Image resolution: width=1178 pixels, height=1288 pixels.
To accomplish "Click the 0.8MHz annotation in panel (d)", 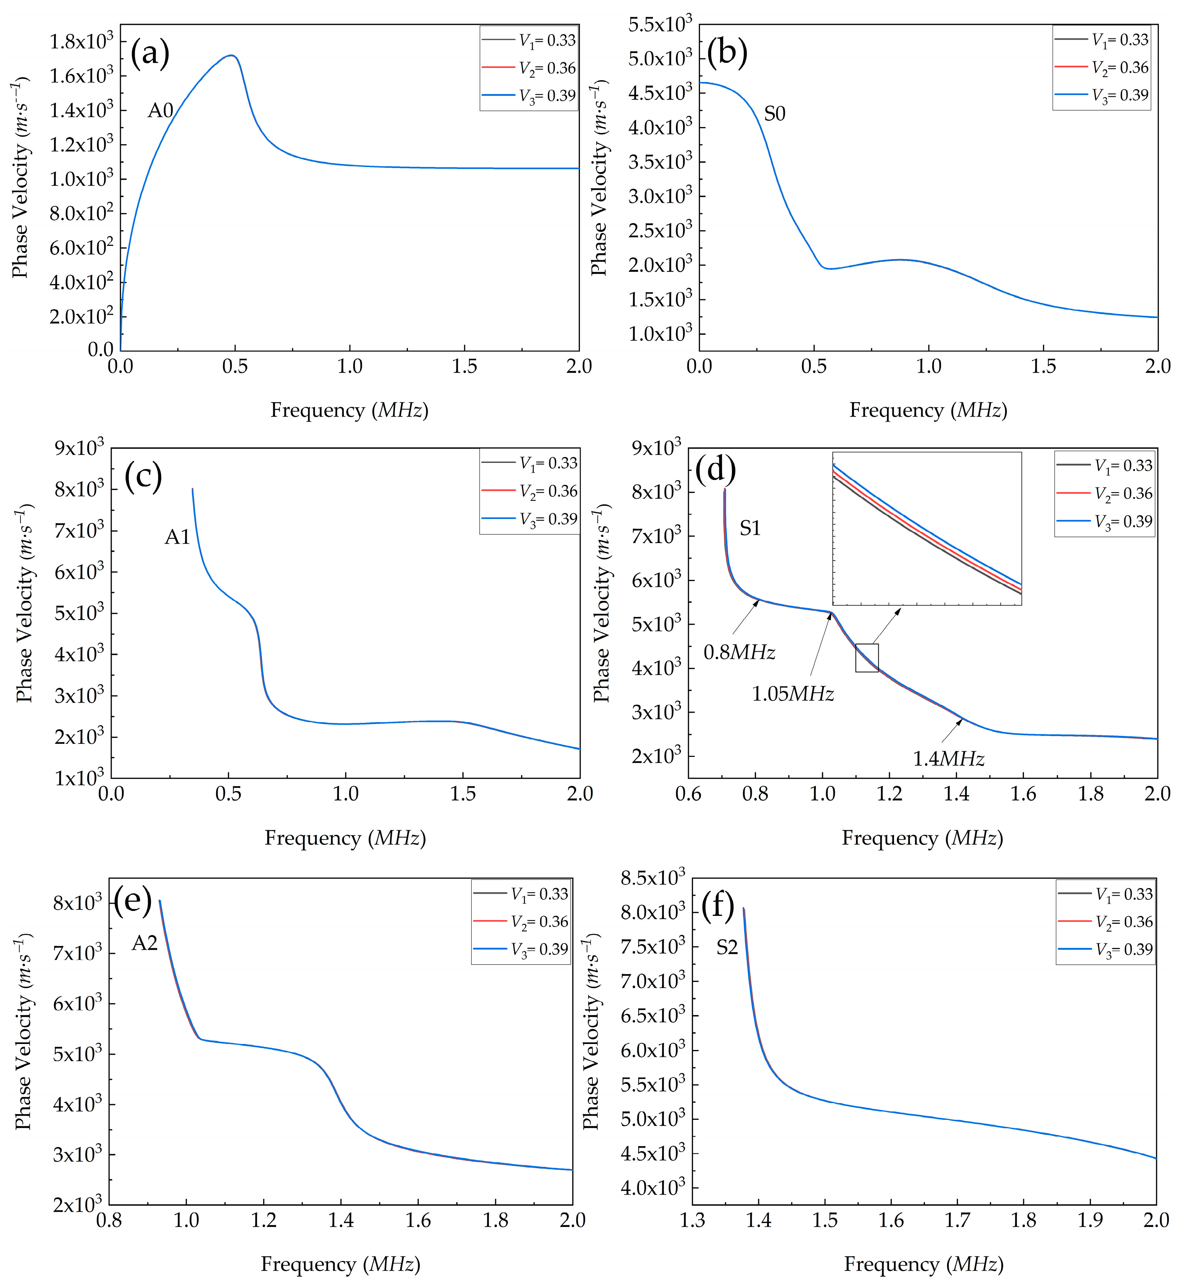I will [739, 652].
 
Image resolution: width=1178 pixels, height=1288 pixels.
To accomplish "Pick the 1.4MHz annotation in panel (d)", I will [948, 759].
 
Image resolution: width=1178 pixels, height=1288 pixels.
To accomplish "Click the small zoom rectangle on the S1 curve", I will [867, 658].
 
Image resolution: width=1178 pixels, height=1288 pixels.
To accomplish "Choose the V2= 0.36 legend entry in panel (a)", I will [547, 68].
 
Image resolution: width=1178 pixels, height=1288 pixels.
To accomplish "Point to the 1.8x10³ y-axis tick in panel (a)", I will [81, 42].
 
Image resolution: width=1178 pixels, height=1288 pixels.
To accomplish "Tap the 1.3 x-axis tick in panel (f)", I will [692, 1221].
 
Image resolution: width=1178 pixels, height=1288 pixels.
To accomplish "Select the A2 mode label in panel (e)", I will [144, 943].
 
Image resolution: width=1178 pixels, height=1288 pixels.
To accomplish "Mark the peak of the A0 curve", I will [232, 56].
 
